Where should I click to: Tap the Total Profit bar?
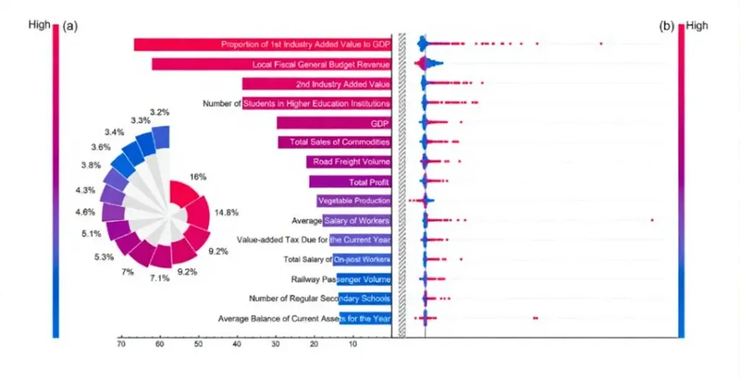point(350,182)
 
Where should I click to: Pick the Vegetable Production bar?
point(354,201)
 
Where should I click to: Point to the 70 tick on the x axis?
point(121,345)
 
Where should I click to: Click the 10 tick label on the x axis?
point(353,345)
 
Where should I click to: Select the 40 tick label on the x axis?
point(237,345)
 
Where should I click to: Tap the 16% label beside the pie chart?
point(198,177)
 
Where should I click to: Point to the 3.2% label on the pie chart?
point(160,112)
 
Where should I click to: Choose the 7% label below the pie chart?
point(128,271)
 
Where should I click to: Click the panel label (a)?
point(69,26)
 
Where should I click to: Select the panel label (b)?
point(666,26)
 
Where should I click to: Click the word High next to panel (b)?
point(697,26)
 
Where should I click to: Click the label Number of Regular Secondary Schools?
point(319,298)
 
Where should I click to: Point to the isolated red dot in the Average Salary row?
point(652,219)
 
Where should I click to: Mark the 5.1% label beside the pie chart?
point(92,234)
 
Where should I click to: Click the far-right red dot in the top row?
point(601,45)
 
